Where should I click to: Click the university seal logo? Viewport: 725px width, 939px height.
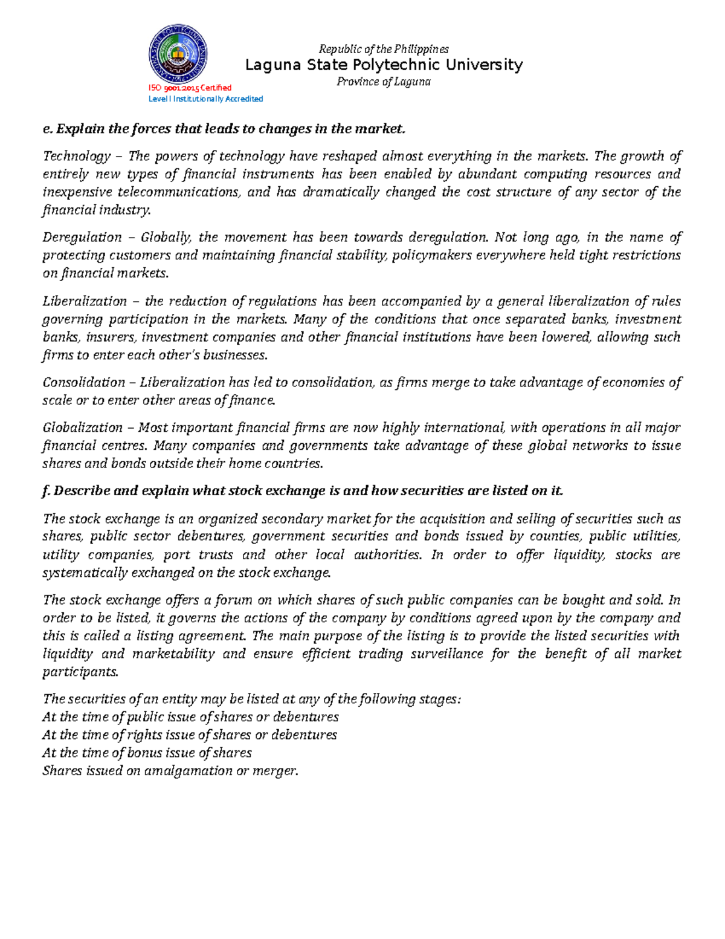(x=178, y=54)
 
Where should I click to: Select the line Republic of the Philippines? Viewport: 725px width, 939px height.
(x=384, y=49)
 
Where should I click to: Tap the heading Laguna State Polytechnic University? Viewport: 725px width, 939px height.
(x=384, y=65)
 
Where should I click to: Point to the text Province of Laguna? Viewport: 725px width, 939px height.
(x=384, y=82)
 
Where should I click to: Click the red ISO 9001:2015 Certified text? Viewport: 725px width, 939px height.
(x=190, y=88)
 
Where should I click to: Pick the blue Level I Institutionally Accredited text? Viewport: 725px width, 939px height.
(x=205, y=99)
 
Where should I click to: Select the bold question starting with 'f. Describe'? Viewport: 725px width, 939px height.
(x=302, y=491)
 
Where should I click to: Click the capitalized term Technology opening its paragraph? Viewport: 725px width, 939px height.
(x=77, y=157)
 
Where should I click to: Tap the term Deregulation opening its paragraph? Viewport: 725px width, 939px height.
(x=82, y=238)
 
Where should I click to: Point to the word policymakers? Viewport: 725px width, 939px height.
(x=432, y=256)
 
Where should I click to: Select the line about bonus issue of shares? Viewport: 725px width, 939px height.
(x=147, y=753)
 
